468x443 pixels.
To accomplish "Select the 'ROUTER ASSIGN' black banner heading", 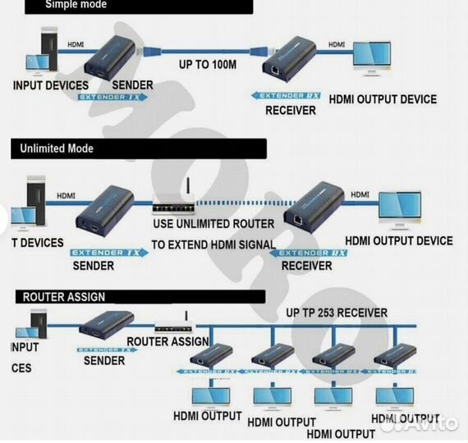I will coord(63,296).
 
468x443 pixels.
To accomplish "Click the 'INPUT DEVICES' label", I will coord(51,85).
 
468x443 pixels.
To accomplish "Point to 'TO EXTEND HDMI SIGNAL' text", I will coord(212,244).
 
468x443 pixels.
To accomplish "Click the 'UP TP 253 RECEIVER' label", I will coord(337,313).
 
